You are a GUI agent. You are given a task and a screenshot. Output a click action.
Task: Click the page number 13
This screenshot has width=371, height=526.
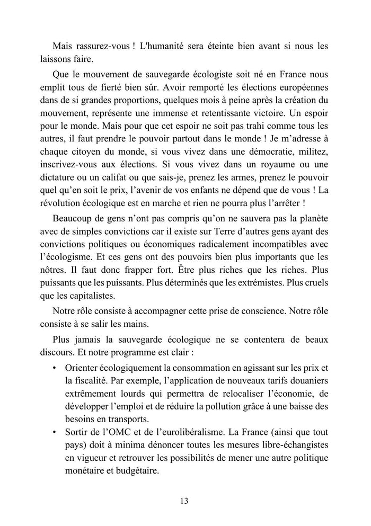185,501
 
